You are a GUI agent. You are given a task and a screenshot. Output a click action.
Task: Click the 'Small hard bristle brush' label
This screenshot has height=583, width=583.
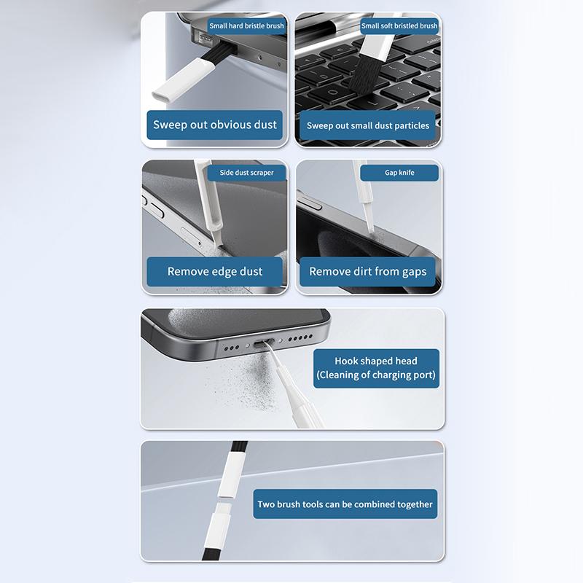point(246,26)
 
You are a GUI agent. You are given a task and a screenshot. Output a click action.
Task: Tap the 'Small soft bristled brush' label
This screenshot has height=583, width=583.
point(399,26)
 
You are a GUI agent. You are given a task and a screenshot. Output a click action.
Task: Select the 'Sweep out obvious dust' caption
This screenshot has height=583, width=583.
point(215,125)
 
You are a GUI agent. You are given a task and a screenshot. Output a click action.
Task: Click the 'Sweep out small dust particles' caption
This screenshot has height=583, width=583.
point(367,125)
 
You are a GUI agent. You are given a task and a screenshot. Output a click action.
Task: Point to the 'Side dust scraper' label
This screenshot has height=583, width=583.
point(246,173)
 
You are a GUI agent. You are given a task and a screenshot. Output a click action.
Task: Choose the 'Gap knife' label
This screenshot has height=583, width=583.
point(399,173)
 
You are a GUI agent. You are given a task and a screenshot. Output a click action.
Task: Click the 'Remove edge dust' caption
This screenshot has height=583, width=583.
point(215,271)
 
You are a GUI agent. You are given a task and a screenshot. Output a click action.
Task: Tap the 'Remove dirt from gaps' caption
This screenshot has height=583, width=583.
point(367,271)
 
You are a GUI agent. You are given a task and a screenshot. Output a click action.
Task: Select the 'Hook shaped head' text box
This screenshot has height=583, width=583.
point(376,368)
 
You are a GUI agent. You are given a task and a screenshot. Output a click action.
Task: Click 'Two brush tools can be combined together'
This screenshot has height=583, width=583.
point(345,504)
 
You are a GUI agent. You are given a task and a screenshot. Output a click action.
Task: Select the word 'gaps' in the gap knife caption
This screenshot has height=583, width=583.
point(412,271)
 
